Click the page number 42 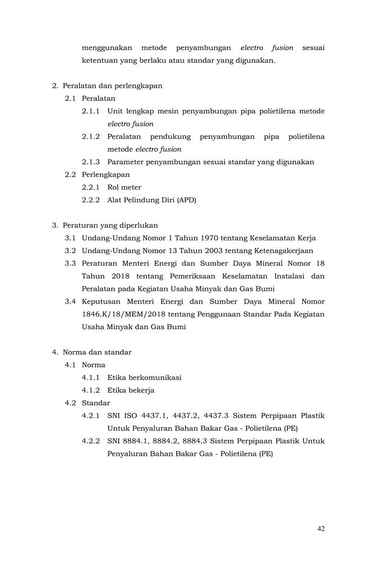coord(321,528)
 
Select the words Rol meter coord(124,187)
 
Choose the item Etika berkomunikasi coord(144,377)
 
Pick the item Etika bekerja coord(131,390)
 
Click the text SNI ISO coord(124,416)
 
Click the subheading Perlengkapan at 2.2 coord(106,174)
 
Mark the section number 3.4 coord(70,301)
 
